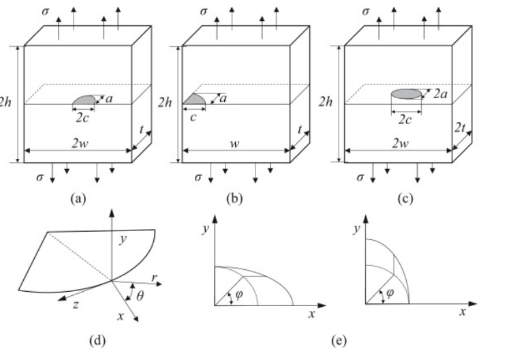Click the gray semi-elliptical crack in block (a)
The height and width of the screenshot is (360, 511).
(84, 100)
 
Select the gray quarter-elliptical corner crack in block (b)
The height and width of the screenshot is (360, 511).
(193, 100)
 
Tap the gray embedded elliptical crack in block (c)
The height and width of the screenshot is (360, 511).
(406, 94)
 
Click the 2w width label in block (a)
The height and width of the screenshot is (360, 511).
(80, 143)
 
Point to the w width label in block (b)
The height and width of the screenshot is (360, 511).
(234, 144)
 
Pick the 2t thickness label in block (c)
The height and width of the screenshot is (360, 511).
(460, 127)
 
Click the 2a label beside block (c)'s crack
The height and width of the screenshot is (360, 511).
(440, 94)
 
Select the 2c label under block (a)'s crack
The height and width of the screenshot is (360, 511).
(82, 118)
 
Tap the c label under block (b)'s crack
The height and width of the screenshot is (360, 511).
(193, 117)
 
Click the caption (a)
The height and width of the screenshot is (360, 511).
(78, 198)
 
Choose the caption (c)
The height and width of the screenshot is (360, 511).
(405, 198)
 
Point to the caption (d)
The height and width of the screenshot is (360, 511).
(97, 340)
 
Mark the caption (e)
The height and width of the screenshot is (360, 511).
(339, 340)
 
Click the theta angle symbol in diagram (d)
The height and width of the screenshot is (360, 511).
(140, 296)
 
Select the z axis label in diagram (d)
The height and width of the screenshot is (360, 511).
(76, 304)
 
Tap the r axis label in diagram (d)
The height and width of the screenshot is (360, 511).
(154, 277)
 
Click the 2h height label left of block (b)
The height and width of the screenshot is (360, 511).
(165, 102)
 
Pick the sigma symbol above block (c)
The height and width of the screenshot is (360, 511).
(366, 12)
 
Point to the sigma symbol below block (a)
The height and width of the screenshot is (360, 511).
(40, 177)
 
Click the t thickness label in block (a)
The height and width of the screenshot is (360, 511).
(141, 130)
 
